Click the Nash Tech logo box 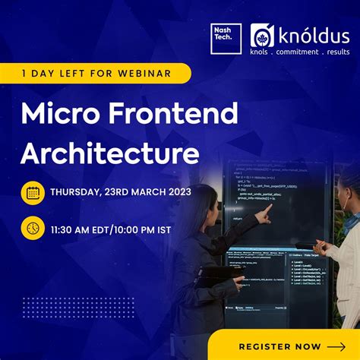point(226,38)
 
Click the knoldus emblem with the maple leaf point(263,37)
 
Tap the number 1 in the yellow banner point(25,74)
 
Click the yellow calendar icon point(33,192)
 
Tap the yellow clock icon point(33,228)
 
